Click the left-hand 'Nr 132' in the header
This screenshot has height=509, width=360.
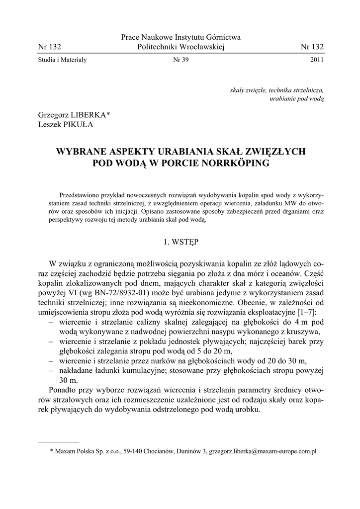49,47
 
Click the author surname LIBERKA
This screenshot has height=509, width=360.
89,115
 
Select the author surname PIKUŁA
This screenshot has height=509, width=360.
76,125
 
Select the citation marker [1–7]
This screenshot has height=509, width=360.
308,312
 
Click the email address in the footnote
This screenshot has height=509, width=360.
263,451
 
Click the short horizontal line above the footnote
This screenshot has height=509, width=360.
59,441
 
